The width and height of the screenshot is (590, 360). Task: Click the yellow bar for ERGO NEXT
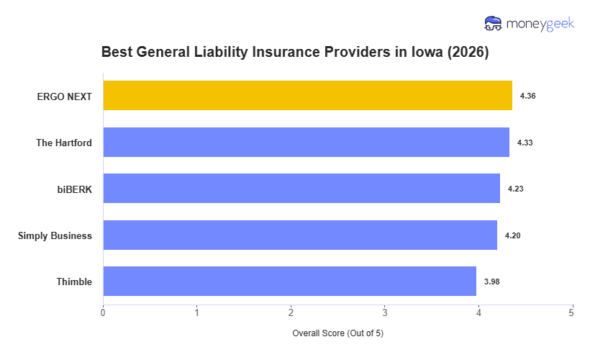pyautogui.click(x=307, y=96)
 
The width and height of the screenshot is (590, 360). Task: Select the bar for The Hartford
pyautogui.click(x=306, y=143)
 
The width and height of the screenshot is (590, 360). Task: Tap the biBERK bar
pyautogui.click(x=301, y=189)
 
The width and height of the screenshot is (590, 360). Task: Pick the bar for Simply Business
pyautogui.click(x=300, y=235)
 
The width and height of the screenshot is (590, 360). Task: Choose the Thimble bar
pyautogui.click(x=289, y=282)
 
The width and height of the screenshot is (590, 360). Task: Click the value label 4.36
pyautogui.click(x=527, y=96)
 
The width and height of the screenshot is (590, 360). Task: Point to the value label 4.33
pyautogui.click(x=525, y=143)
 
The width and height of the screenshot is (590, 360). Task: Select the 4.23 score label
pyautogui.click(x=515, y=189)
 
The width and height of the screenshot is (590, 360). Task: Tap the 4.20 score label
pyautogui.click(x=512, y=235)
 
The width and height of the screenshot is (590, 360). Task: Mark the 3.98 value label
pyautogui.click(x=491, y=282)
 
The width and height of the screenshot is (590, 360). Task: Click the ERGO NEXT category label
pyautogui.click(x=65, y=96)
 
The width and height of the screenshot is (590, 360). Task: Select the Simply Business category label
pyautogui.click(x=55, y=235)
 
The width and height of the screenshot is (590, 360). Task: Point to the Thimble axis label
pyautogui.click(x=74, y=282)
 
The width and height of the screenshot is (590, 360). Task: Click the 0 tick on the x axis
pyautogui.click(x=103, y=312)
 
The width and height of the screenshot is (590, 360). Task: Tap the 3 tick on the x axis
pyautogui.click(x=384, y=312)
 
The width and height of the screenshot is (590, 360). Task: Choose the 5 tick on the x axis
pyautogui.click(x=571, y=312)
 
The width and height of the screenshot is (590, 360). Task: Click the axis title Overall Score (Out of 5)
pyautogui.click(x=337, y=334)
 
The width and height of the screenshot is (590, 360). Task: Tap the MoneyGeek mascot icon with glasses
pyautogui.click(x=493, y=24)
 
